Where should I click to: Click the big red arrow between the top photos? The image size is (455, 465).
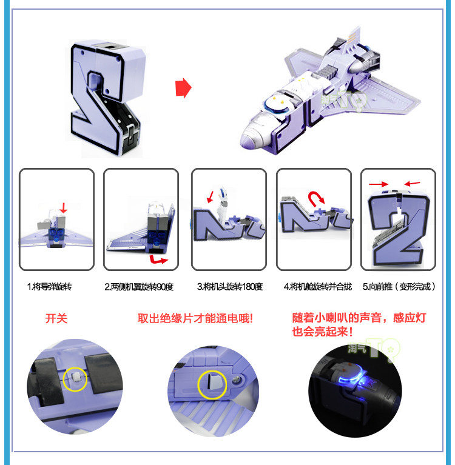(183, 88)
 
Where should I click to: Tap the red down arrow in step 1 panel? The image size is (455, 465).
(63, 208)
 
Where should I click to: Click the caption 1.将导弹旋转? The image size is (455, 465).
(49, 287)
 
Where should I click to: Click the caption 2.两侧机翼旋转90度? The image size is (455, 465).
(139, 287)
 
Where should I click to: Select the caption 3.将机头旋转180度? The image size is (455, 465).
(230, 287)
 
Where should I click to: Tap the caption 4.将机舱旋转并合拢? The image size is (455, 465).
(317, 287)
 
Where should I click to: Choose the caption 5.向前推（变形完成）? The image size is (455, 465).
(399, 287)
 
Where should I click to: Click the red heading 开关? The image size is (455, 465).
(56, 318)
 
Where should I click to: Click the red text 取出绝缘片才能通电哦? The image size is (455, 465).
(195, 318)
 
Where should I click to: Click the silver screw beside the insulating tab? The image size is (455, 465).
(237, 380)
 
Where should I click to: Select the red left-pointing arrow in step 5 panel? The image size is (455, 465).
(413, 184)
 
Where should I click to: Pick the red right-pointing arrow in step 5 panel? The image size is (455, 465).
(379, 184)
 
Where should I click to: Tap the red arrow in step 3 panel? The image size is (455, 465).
(211, 196)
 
